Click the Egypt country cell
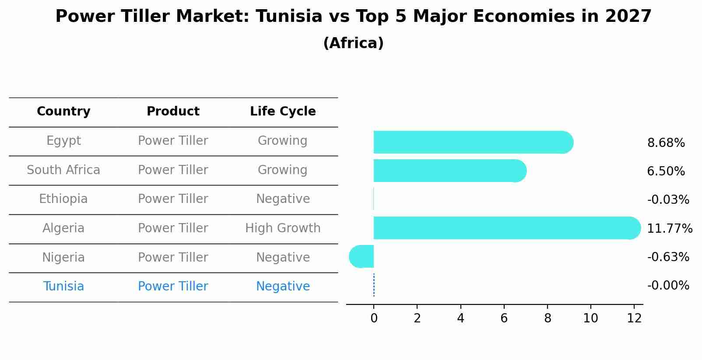tap(63, 141)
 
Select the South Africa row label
tap(63, 170)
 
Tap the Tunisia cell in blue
tap(63, 287)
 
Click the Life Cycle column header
tap(283, 112)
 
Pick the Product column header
tap(173, 112)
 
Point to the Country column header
tap(63, 112)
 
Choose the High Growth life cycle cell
tap(283, 228)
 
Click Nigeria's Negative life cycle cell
tap(283, 258)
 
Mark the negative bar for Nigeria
tap(362, 256)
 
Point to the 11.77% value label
tap(669, 229)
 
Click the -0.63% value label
tap(668, 257)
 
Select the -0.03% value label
tap(668, 200)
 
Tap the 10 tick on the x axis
tap(590, 318)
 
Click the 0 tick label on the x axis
tap(374, 318)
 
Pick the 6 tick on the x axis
tap(504, 318)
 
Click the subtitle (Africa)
tap(353, 43)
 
